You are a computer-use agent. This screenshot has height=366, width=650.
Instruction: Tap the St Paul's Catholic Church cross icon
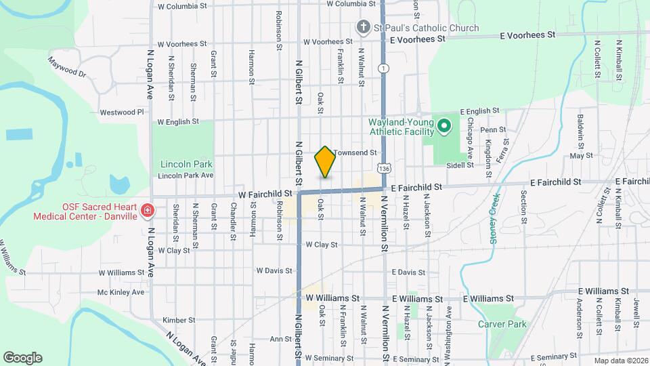(x=363, y=28)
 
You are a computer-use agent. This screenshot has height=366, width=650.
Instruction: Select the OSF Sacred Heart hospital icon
(x=147, y=211)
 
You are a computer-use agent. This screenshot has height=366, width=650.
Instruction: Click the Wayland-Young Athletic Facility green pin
(x=444, y=126)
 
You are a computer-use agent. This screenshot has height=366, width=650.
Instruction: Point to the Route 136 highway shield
(x=384, y=167)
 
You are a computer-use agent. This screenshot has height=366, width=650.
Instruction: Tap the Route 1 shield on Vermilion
(x=384, y=68)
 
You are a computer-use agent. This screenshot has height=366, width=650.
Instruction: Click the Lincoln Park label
(x=186, y=163)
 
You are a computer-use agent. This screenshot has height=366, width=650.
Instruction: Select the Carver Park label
(x=502, y=324)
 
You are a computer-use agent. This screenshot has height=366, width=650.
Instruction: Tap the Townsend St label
(x=355, y=153)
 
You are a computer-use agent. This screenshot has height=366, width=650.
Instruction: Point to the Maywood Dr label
(x=67, y=67)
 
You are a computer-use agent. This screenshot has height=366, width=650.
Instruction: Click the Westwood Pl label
(x=122, y=112)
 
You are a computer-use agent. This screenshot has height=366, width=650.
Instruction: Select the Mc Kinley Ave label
(x=121, y=292)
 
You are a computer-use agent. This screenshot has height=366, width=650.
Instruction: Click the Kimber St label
(x=179, y=319)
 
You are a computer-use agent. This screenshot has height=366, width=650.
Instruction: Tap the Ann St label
(x=280, y=339)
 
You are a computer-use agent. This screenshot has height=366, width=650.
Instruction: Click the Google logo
(x=22, y=357)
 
